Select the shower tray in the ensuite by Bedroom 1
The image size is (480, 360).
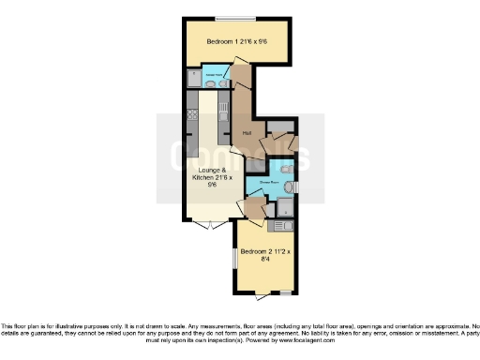coord(193,75)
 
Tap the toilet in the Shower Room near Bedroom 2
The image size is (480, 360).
coord(288,188)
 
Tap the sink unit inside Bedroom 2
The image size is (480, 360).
coord(282,226)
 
